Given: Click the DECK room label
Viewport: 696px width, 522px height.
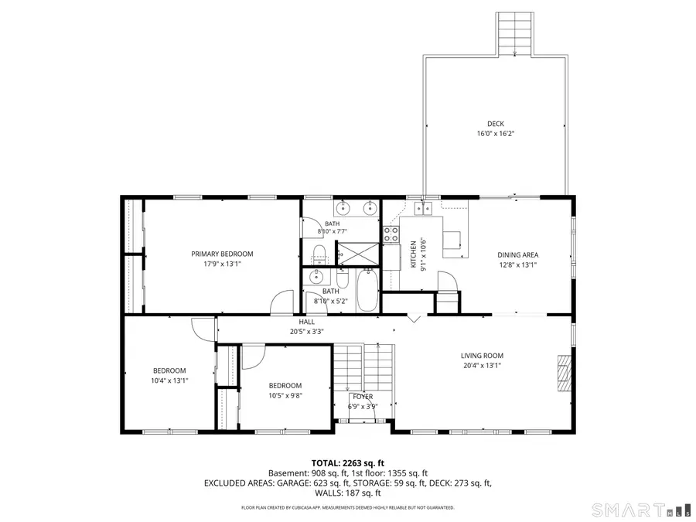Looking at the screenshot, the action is point(496,124).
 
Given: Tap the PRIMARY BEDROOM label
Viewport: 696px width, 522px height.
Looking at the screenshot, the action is point(222,254).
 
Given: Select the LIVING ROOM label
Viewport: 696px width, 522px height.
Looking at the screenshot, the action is point(482,356).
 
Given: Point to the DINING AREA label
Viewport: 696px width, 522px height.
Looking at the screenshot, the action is point(517,254).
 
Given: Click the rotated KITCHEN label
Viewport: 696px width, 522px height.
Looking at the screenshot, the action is point(413,254).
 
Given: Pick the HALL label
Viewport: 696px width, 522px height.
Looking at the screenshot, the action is point(307,322).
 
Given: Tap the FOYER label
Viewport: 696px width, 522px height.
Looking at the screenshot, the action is point(363,397).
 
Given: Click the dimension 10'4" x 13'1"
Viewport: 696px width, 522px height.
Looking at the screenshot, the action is point(169,380).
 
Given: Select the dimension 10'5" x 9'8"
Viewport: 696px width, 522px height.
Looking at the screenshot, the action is point(285,395).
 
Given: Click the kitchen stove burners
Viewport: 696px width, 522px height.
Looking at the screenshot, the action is point(391,234).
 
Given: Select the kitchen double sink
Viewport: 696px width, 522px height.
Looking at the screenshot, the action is point(423,208).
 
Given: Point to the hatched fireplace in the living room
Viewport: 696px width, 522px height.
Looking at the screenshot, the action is point(565,373).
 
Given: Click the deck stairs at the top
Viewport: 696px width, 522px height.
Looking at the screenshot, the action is point(514,34).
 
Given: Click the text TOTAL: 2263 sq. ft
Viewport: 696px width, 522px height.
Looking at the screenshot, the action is point(347,463).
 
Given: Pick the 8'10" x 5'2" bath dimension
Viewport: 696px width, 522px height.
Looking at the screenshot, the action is point(331,301).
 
